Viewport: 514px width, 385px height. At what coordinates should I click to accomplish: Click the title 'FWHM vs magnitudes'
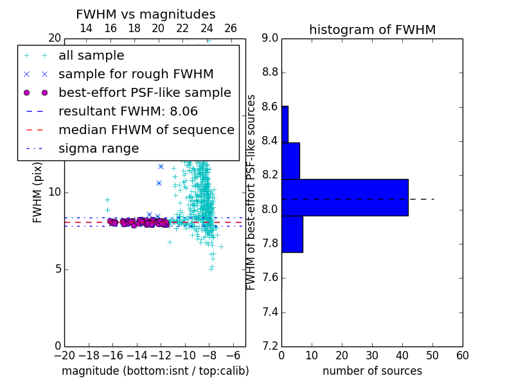[146, 14]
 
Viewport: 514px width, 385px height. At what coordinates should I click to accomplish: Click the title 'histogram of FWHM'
[373, 30]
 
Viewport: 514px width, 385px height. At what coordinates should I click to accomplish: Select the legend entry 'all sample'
[91, 56]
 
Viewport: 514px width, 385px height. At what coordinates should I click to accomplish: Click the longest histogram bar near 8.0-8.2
[345, 198]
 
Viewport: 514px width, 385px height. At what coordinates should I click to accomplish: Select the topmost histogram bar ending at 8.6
[285, 124]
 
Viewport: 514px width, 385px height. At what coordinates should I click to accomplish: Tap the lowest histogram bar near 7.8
[292, 234]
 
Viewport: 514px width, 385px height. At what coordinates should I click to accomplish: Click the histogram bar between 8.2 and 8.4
[291, 161]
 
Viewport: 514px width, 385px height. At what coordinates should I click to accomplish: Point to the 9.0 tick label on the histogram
[270, 38]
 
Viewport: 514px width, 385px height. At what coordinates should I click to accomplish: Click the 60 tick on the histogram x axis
[463, 355]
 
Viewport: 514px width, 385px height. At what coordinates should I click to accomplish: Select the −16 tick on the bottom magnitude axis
[112, 355]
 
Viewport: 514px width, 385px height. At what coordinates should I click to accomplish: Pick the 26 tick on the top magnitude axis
[231, 28]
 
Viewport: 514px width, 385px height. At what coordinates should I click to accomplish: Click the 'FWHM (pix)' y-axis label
[37, 193]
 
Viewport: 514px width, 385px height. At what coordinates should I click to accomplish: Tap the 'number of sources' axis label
[373, 371]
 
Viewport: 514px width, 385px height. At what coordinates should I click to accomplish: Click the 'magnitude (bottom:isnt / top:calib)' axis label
[155, 371]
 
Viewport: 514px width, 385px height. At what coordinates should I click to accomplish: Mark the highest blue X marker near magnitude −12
[161, 167]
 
